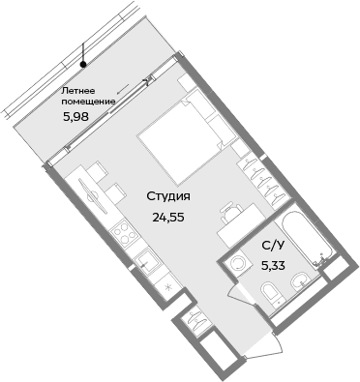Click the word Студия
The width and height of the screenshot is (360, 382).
click(167, 197)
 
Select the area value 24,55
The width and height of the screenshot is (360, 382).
click(167, 216)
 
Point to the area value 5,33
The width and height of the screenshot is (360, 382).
click(274, 262)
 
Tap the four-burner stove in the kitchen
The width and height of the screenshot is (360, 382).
click(123, 232)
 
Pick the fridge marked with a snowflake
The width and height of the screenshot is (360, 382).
click(167, 287)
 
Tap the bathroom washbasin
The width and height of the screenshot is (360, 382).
click(303, 281)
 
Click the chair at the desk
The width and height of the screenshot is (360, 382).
click(230, 212)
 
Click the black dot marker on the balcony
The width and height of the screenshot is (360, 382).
click(84, 65)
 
